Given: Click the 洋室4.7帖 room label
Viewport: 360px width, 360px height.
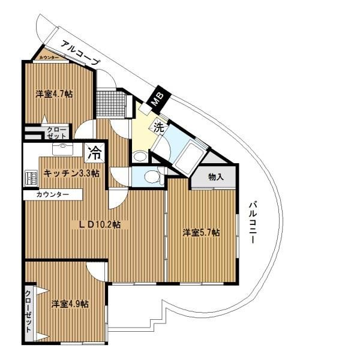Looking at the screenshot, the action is coord(54,94).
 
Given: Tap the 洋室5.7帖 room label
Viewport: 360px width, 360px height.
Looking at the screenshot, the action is coord(201,233).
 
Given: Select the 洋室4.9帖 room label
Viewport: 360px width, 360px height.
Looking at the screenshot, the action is coord(70,304).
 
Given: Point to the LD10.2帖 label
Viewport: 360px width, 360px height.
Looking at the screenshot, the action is coord(100,224).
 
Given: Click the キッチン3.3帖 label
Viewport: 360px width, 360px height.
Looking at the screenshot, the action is coord(71,173).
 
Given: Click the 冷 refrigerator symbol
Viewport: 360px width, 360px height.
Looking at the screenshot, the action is coord(95,153).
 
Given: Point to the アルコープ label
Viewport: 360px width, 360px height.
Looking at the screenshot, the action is coord(81,53).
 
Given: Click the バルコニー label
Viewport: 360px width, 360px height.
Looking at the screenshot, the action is coord(253,222).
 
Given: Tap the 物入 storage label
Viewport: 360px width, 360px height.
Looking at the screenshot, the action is coord(216,177).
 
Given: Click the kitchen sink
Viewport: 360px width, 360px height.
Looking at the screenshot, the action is coord(62,149).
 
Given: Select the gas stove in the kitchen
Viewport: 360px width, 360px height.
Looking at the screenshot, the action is coord(31,178).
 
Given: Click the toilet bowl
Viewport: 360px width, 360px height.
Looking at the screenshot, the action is coord(152,176).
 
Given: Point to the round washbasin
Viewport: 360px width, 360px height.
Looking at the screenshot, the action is coord(140,157).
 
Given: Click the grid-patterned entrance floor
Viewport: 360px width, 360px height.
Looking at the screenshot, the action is coord(112,104).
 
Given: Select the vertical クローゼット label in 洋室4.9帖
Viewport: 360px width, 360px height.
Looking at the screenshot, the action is coord(28,311).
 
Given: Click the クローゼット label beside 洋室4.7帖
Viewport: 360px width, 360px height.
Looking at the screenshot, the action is coord(56,133).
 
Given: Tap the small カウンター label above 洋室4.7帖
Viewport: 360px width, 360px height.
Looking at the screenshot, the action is coord(49,58).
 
